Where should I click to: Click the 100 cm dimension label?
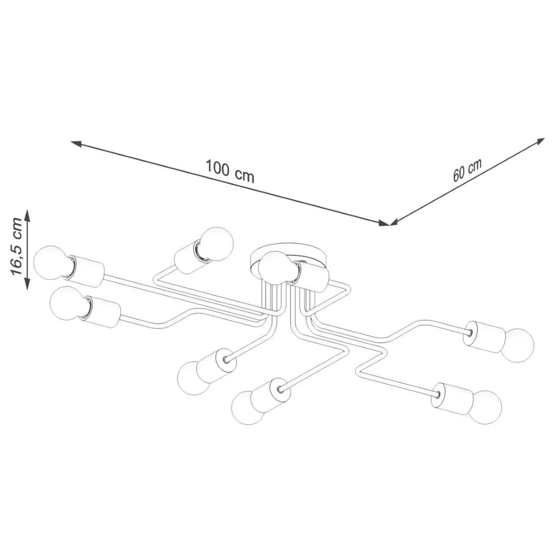click(230, 171)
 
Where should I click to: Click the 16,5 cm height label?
click(16, 246)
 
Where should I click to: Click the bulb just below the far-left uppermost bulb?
click(68, 303)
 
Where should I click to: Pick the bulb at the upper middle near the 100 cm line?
click(217, 244)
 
